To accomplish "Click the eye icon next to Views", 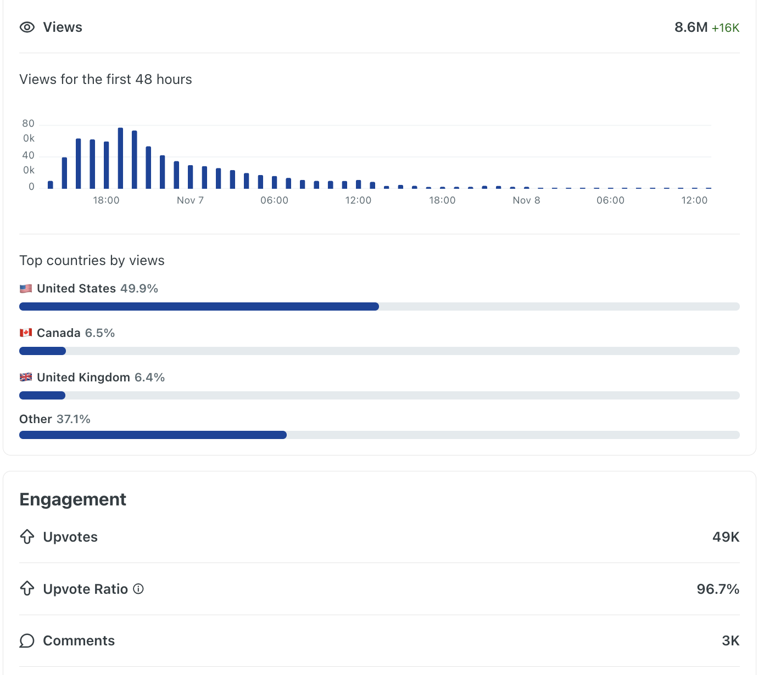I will (x=27, y=27).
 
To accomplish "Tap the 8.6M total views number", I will (x=690, y=27).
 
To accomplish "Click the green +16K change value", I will (x=725, y=28).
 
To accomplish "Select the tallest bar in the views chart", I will (x=120, y=158).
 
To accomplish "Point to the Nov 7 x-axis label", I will (x=190, y=200).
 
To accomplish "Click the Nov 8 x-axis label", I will (x=526, y=200).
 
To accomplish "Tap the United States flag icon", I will (x=26, y=289).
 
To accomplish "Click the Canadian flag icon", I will (x=26, y=333).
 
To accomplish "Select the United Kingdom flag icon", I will (x=26, y=378).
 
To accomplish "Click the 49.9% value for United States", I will (x=139, y=289).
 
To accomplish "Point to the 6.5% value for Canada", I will (x=99, y=333).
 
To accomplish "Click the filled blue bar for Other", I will (x=153, y=435).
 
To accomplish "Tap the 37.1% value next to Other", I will (x=73, y=419).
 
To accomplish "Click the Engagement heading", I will (x=73, y=499).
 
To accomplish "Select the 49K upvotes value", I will (x=726, y=537).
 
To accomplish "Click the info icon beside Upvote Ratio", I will (x=138, y=589).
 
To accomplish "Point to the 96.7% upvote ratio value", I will (x=717, y=589).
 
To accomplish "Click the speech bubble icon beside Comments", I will (x=27, y=641).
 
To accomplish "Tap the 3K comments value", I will (x=730, y=641).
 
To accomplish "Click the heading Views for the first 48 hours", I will (x=105, y=80).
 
